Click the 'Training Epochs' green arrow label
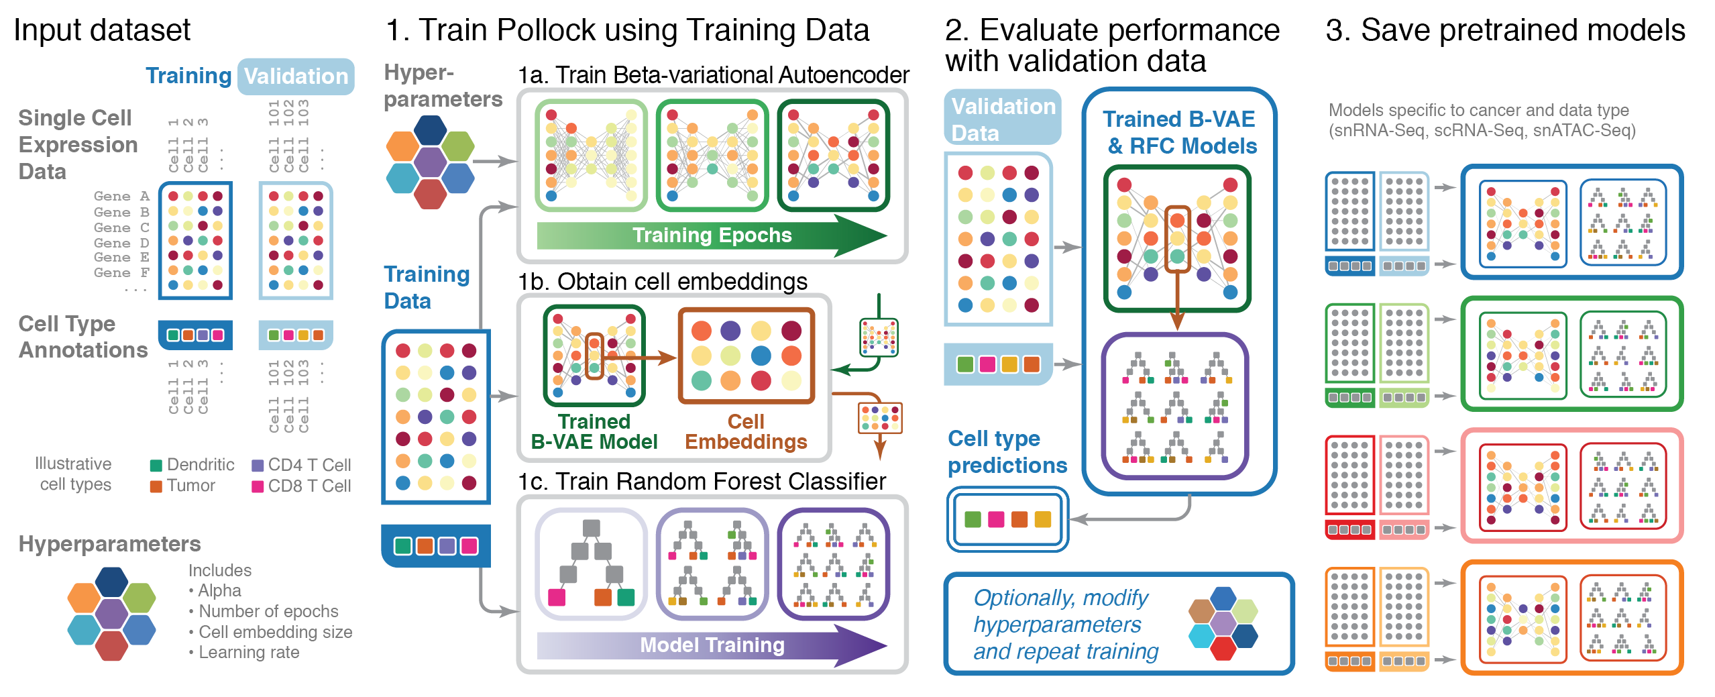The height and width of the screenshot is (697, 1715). pos(712,235)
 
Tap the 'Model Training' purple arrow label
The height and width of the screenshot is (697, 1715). pos(712,645)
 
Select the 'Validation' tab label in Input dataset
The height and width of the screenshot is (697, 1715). pos(296,76)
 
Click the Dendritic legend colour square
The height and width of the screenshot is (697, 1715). pos(156,466)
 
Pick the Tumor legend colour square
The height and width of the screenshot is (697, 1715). pos(156,486)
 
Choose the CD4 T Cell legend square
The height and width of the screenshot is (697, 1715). pos(258,466)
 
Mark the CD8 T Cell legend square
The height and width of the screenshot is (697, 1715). pos(258,486)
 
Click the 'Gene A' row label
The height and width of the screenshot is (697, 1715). pos(121,196)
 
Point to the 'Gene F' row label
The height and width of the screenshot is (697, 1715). pos(121,272)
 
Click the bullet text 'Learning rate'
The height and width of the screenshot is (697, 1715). pos(248,652)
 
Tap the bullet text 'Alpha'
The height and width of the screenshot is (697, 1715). pos(219,590)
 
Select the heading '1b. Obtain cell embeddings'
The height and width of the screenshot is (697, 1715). pos(663,282)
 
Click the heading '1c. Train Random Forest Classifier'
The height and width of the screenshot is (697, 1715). pos(702,482)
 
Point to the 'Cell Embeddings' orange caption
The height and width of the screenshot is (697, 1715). pos(746,431)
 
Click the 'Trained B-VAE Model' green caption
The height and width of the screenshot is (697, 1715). pos(594,431)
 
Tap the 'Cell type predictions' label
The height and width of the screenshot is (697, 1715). pos(1007,451)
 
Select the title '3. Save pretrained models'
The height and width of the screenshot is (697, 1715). pos(1505,30)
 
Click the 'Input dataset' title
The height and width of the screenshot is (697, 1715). pos(102,30)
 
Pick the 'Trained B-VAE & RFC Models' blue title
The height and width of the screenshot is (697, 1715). pos(1180,132)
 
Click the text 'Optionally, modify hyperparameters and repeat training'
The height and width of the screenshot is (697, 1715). pos(1066,625)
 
